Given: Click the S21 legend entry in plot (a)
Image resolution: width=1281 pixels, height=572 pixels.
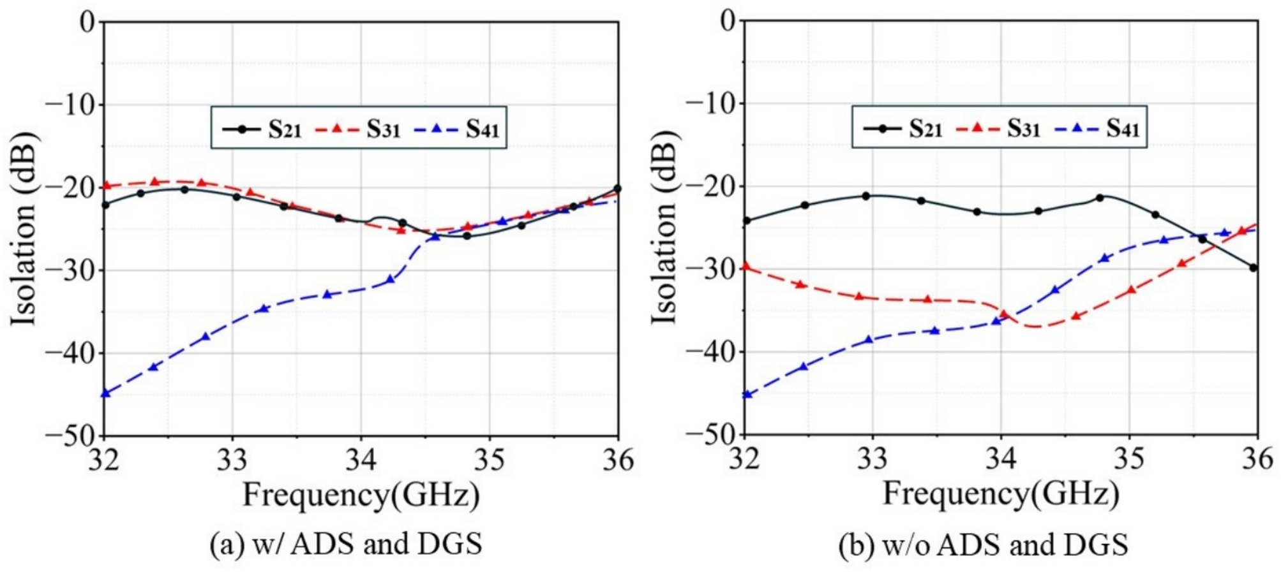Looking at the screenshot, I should [x=262, y=129].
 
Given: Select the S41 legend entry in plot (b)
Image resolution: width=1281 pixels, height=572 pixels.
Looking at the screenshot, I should [x=1098, y=129].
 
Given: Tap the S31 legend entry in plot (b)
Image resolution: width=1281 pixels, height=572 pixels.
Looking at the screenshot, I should [x=999, y=129].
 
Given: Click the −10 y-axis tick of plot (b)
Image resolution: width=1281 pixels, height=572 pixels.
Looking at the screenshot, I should [x=711, y=103].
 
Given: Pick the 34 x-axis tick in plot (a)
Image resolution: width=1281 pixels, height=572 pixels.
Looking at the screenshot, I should [x=361, y=460].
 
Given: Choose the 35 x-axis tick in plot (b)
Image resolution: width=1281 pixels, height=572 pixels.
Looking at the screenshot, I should [x=1129, y=458].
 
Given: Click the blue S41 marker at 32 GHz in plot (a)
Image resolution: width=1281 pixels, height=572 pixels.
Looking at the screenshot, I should [x=106, y=393].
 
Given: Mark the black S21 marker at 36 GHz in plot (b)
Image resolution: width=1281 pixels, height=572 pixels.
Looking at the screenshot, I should [x=1253, y=268].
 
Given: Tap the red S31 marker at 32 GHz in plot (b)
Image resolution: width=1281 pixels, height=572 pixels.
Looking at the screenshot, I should [x=745, y=266].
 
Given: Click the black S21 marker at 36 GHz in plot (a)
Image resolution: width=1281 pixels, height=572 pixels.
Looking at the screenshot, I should [x=617, y=189].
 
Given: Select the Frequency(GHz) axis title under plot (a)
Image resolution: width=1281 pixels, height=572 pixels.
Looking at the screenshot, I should [x=361, y=495].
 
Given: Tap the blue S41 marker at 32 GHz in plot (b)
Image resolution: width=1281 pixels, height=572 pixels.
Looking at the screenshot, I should [x=747, y=395].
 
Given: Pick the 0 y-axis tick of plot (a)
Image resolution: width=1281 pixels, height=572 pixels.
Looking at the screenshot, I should [x=87, y=22].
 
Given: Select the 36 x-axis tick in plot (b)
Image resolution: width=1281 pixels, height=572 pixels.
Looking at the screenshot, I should [x=1257, y=458].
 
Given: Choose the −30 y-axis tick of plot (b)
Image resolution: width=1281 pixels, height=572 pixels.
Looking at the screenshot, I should [x=711, y=268].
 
